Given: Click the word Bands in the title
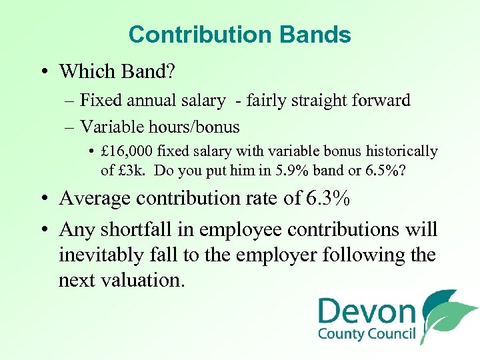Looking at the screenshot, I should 319,35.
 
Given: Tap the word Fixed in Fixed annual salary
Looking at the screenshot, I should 98,101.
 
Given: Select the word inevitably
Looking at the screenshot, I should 101,255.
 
